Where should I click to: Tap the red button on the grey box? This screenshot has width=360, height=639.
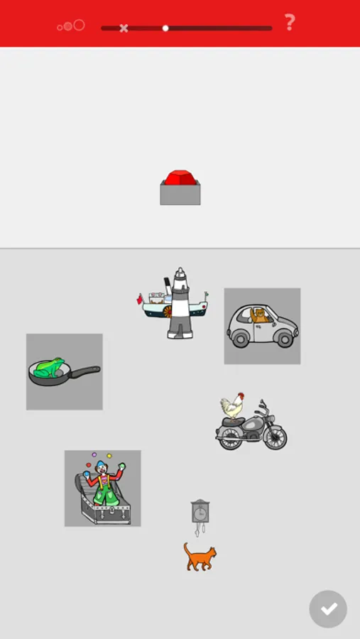180,177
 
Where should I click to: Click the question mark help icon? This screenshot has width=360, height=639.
290,23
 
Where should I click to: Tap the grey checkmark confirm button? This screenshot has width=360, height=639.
328,609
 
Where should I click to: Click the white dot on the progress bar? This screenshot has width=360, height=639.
165,28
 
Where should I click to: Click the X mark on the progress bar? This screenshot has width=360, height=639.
124,28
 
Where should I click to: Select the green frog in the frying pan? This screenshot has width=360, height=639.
48,367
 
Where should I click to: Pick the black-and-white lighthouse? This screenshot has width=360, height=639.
180,305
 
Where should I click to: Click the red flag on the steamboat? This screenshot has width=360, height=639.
140,299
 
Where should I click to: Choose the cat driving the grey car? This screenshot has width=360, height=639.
261,315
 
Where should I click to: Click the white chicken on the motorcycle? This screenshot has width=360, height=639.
231,406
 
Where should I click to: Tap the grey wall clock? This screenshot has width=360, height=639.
200,512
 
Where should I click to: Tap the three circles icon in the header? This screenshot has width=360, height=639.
71,26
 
